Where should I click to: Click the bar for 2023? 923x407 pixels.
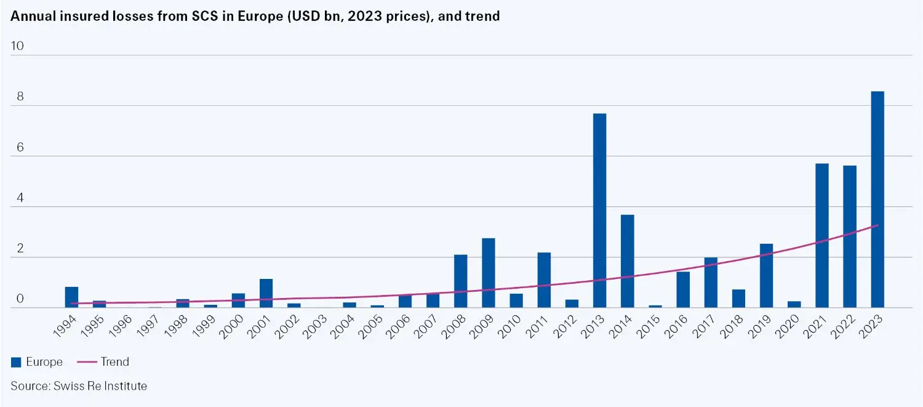(x=877, y=199)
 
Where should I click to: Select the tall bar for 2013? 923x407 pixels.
(x=599, y=211)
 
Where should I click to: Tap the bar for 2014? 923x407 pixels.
(x=627, y=261)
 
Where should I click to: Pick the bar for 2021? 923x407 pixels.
(x=821, y=235)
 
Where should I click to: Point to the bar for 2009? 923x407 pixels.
(x=488, y=273)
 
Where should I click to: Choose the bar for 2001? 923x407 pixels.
(x=266, y=293)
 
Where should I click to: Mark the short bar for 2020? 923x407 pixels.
(x=794, y=304)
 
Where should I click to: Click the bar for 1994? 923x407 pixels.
(x=71, y=297)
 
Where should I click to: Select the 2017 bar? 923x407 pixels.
(x=711, y=283)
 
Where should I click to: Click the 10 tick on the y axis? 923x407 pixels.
(x=17, y=46)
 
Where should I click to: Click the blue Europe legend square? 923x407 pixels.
(x=17, y=363)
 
